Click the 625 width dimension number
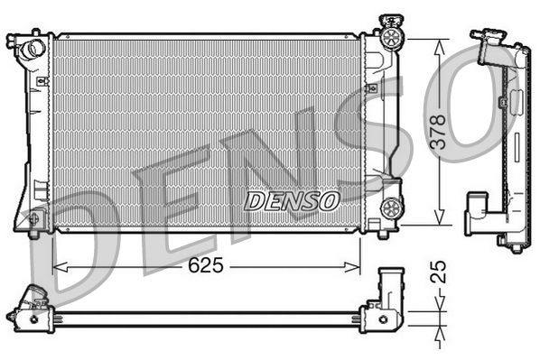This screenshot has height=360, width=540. point(208,267)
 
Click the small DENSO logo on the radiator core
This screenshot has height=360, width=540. point(292,199)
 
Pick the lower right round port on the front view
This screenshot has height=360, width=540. point(391,208)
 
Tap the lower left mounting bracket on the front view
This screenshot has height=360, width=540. point(33,219)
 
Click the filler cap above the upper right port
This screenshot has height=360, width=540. point(390,20)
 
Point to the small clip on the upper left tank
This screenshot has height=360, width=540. point(41,81)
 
